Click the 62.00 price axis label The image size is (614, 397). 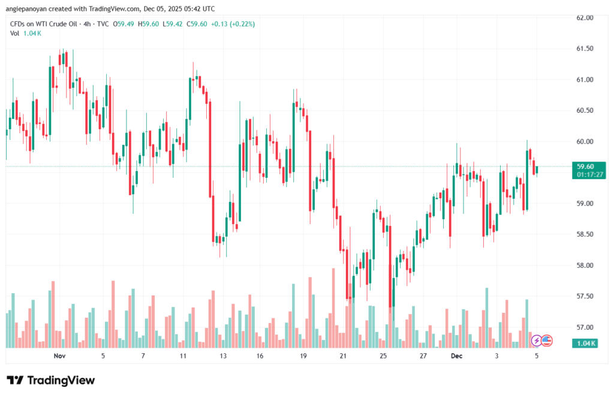coord(585,18)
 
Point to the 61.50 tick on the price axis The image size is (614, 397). coord(585,49)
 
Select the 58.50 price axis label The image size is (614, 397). coord(585,234)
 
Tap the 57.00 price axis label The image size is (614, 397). coord(585,327)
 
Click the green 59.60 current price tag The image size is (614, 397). coord(585,166)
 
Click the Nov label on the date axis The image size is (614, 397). coord(59,356)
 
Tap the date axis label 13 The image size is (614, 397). coord(224,356)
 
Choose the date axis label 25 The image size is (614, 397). coord(383,356)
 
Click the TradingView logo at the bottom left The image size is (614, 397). coord(51,380)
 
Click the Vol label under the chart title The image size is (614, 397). coord(15,33)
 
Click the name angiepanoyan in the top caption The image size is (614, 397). coord(28,8)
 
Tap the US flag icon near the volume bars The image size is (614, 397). coord(546,341)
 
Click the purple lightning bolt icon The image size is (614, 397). coord(537,341)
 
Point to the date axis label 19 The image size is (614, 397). coord(303,356)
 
